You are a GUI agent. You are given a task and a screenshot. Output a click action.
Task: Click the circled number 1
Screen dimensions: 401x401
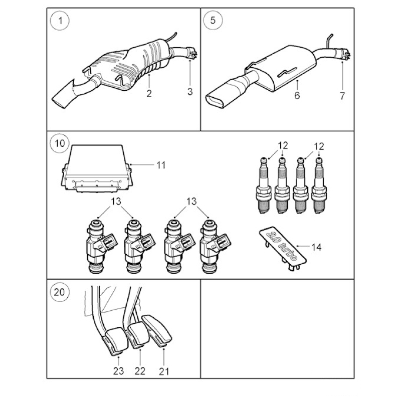pyautogui.click(x=60, y=21)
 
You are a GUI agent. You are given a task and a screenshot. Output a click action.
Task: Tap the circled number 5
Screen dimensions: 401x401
pyautogui.click(x=213, y=20)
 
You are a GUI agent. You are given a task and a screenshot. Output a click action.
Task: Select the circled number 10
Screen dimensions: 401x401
pyautogui.click(x=60, y=143)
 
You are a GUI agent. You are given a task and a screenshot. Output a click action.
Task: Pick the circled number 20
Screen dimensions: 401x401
pyautogui.click(x=60, y=292)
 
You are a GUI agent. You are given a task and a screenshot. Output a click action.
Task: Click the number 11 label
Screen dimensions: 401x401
pyautogui.click(x=161, y=165)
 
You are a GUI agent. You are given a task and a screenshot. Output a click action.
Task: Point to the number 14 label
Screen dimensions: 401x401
pyautogui.click(x=316, y=247)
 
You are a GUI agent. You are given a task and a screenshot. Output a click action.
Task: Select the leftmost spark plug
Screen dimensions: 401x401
pyautogui.click(x=264, y=185)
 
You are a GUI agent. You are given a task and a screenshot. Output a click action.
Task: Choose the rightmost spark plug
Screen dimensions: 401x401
pyautogui.click(x=319, y=185)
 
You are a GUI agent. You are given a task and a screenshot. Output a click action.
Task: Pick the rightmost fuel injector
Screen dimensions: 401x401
pyautogui.click(x=215, y=246)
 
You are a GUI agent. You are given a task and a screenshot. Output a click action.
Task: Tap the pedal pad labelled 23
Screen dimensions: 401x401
pyautogui.click(x=116, y=341)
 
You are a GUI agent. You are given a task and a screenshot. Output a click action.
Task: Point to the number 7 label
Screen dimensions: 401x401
pyautogui.click(x=342, y=96)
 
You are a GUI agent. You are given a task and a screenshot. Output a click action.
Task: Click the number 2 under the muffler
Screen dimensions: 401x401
pyautogui.click(x=149, y=93)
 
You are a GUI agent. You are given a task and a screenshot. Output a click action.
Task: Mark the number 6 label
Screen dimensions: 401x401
pyautogui.click(x=297, y=95)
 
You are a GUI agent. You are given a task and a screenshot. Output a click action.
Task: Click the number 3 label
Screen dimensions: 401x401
pyautogui.click(x=190, y=92)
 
